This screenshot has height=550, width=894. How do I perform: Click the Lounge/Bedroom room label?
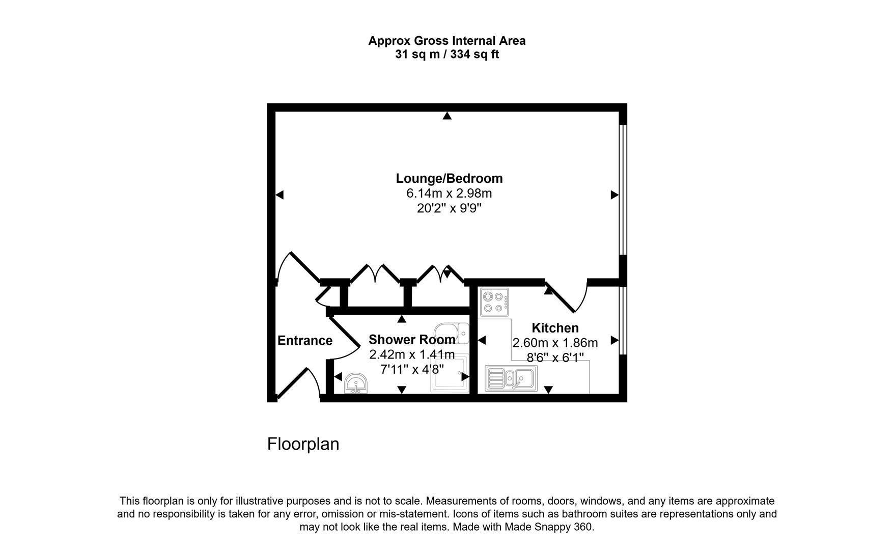[449, 178]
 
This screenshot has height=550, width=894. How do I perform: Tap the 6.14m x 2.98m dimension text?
[449, 194]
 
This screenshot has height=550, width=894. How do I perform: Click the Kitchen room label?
[555, 328]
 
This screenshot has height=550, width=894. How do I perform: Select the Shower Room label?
[412, 340]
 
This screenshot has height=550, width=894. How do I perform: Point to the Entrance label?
[304, 341]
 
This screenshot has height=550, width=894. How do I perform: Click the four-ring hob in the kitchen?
[494, 301]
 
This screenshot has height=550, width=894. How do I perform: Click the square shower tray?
[449, 374]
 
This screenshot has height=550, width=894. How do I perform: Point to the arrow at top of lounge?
[447, 116]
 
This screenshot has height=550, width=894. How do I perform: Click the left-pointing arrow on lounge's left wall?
[279, 195]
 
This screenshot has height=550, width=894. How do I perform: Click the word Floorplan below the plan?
[303, 444]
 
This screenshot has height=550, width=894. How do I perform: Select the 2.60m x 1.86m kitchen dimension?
[555, 343]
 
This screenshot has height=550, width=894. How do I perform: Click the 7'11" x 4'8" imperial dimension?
[412, 369]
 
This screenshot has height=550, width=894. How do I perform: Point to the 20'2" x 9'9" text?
[449, 208]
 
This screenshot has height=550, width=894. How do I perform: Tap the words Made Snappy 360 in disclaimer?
[549, 527]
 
